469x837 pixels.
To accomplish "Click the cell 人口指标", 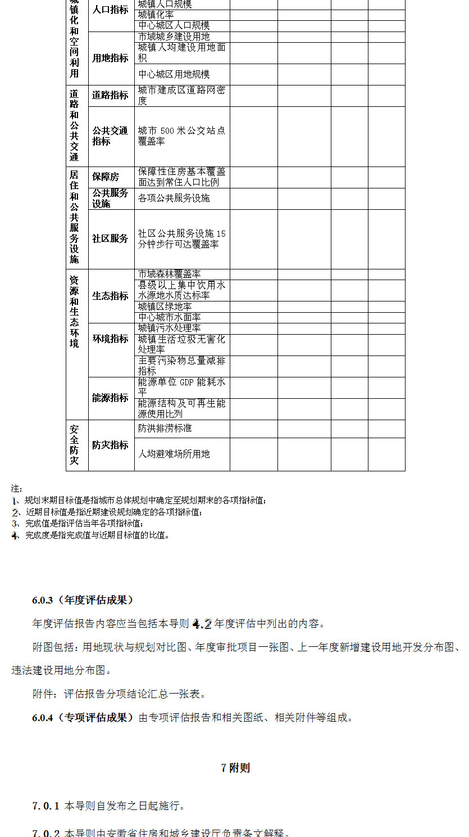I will [x=110, y=10].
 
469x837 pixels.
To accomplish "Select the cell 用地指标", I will [x=110, y=58].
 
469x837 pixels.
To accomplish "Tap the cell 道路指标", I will [x=110, y=95].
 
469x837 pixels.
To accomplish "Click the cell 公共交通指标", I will [x=110, y=136].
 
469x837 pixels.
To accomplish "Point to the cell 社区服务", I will [x=110, y=238].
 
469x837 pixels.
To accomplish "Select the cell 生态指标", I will [x=110, y=296].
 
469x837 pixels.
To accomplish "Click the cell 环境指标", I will [x=110, y=339].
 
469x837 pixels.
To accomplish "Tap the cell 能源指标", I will [x=110, y=398].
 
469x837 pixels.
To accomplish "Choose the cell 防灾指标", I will [x=110, y=445].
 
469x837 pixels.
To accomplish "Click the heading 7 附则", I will [x=235, y=768].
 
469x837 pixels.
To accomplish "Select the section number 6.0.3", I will [x=44, y=600].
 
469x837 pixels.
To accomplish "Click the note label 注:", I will [x=16, y=489].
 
